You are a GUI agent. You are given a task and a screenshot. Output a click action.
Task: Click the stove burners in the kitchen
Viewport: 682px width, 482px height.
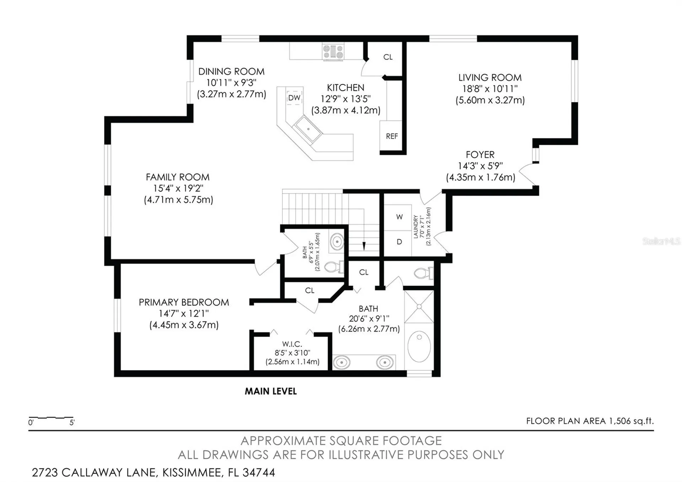coord(333,52)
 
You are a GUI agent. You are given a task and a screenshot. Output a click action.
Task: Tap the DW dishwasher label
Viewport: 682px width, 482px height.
coord(294,98)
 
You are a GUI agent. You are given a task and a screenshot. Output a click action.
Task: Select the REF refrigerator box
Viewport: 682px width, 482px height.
coord(391,136)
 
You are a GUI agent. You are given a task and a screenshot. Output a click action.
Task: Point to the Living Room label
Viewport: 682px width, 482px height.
coord(490,77)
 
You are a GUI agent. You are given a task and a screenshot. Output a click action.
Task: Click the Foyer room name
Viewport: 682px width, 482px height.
coord(480,155)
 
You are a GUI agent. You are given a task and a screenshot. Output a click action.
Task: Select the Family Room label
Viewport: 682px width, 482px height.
coord(178,177)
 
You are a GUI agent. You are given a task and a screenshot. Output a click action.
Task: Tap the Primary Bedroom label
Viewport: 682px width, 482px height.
coord(184,302)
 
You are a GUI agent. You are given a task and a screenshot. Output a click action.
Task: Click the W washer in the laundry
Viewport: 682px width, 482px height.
coord(399,217)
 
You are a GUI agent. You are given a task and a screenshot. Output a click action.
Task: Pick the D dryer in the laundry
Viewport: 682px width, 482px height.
coord(399,242)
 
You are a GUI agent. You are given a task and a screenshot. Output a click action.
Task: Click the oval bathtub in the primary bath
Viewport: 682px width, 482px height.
coord(419,347)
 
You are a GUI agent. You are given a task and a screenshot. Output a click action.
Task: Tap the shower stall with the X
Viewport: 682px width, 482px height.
coord(419,306)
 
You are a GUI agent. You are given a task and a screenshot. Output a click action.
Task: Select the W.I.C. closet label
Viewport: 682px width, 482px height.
coord(292,344)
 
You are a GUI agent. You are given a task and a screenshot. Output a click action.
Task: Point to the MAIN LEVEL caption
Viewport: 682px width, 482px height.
coord(271,391)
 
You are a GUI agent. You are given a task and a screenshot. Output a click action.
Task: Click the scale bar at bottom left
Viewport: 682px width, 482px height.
coord(51,418)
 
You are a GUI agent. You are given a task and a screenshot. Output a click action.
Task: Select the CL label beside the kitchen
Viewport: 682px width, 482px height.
coord(388,57)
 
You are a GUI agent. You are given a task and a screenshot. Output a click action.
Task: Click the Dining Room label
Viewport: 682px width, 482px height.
coord(231,71)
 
